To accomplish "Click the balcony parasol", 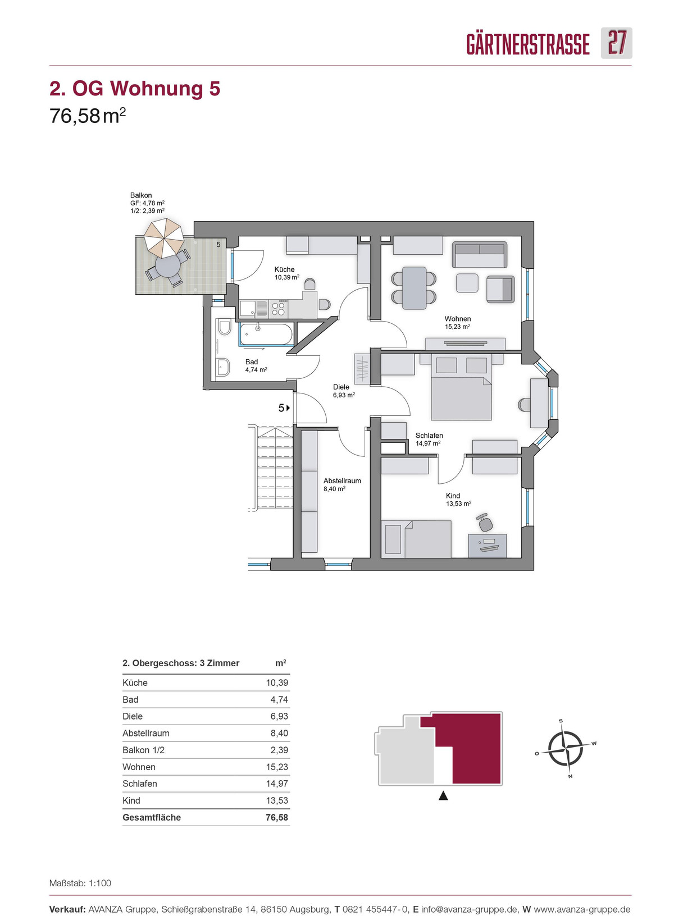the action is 164,237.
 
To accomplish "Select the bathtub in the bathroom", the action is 266,334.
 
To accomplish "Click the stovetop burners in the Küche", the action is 279,309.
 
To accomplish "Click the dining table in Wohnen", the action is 414,288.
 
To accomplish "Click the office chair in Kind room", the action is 484,523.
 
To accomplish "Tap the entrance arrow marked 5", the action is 284,407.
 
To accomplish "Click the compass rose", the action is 566,748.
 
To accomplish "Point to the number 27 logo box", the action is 616,43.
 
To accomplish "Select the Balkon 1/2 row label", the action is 143,750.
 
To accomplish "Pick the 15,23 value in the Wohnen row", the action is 277,767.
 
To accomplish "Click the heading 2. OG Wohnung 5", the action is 135,88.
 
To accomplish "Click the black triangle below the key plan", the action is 443,796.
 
